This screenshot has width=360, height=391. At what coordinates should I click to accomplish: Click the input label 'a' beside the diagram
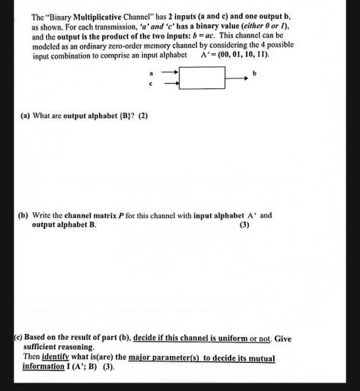(152, 73)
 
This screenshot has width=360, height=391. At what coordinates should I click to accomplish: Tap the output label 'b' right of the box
(255, 73)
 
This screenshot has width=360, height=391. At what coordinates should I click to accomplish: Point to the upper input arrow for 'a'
(170, 73)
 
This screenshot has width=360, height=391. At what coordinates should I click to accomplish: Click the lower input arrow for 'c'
(170, 84)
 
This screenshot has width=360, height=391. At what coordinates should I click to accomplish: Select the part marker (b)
(24, 215)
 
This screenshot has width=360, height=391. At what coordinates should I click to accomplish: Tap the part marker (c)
(18, 338)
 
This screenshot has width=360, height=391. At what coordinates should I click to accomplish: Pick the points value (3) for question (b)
(244, 225)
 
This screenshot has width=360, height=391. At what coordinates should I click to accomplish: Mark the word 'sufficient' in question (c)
(41, 348)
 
